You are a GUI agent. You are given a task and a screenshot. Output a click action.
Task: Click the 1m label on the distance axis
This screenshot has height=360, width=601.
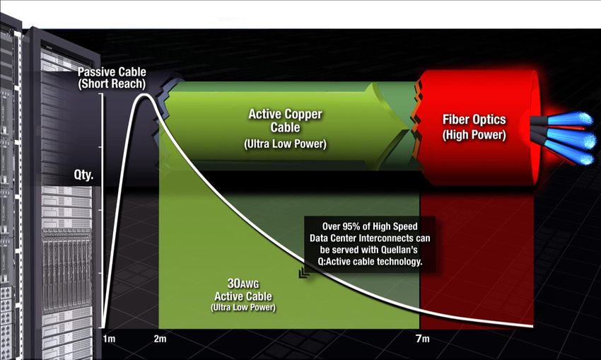tap(109, 339)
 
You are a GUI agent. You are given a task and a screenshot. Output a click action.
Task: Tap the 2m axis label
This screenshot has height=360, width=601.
tap(160, 339)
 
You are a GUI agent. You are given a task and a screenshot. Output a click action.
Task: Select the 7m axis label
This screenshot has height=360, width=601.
tap(423, 339)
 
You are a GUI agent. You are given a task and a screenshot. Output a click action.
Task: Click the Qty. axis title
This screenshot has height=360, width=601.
tap(83, 175)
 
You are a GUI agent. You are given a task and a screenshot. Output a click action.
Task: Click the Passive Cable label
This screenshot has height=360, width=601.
tap(112, 71)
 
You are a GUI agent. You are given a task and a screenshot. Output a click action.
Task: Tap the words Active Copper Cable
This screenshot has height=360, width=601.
tap(285, 120)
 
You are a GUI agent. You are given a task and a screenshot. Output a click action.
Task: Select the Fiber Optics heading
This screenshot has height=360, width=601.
tap(474, 120)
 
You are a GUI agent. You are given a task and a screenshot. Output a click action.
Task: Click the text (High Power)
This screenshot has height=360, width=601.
tap(474, 135)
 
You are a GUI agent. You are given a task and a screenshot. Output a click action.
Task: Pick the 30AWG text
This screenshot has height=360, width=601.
tap(243, 284)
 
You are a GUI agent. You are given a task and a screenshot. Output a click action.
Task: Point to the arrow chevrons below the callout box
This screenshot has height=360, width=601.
tap(305, 272)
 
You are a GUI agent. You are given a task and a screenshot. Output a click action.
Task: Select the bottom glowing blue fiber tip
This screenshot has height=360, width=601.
tap(585, 158)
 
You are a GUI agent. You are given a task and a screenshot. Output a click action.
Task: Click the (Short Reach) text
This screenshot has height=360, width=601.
tap(112, 84)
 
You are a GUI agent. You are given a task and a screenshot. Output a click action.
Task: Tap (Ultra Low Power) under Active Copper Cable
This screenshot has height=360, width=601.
tap(285, 144)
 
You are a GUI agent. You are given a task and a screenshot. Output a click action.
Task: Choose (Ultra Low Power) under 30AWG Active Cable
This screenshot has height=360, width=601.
tap(243, 308)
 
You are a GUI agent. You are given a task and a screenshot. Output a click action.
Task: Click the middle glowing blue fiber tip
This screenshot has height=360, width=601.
tap(586, 139)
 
